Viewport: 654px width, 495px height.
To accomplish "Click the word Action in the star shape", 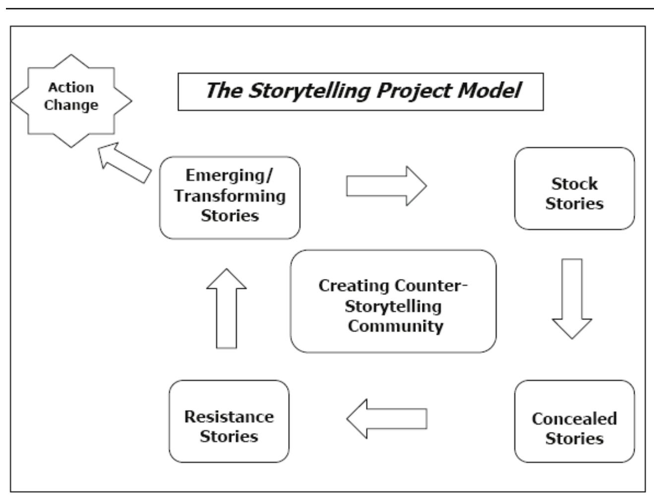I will click(x=71, y=87).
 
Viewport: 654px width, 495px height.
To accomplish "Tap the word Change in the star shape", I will click(x=71, y=105).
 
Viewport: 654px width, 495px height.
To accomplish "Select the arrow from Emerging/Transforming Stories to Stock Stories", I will click(x=386, y=186).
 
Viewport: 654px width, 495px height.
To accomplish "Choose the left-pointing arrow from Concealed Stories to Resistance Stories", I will click(x=386, y=419).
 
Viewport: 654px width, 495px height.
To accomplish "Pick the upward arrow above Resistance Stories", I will click(x=226, y=308).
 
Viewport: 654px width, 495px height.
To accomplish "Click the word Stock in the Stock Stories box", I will click(x=574, y=184).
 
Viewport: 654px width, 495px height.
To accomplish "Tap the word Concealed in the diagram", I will click(x=574, y=419).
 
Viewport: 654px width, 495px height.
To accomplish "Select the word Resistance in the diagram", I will click(x=229, y=416).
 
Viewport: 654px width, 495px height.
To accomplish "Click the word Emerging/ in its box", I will click(x=230, y=175).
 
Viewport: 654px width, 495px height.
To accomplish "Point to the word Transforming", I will click(x=230, y=196).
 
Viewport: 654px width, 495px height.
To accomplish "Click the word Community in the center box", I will click(x=395, y=326).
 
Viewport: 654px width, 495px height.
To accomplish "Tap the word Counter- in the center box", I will click(x=432, y=286).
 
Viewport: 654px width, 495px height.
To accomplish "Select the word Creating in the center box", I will click(x=354, y=286).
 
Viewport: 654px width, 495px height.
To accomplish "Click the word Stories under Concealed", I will click(x=574, y=439).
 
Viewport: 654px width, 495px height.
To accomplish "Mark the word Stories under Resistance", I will click(x=229, y=437).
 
